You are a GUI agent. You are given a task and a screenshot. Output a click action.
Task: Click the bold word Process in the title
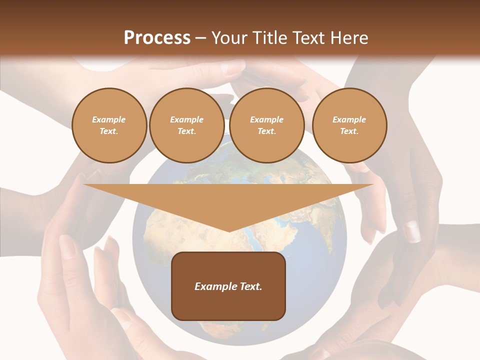click(x=157, y=38)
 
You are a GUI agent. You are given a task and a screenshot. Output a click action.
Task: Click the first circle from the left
click(x=109, y=125)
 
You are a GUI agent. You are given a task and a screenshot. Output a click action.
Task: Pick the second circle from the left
click(x=187, y=125)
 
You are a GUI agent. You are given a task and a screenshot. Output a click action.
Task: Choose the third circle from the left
click(x=267, y=125)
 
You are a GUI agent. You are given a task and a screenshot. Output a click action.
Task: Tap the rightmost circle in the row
click(x=349, y=125)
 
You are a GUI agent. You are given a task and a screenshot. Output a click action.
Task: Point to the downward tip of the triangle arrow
click(x=229, y=231)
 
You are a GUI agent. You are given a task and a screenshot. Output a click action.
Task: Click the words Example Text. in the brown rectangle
click(x=228, y=286)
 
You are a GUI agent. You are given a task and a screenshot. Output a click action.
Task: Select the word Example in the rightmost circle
click(x=349, y=119)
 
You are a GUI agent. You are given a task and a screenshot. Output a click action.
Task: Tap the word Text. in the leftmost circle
click(x=109, y=131)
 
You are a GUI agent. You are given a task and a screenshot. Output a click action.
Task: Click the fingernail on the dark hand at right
click(x=412, y=231)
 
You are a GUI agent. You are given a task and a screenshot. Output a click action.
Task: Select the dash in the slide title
click(x=201, y=38)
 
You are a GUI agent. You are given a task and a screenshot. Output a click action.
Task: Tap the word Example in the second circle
click(x=187, y=119)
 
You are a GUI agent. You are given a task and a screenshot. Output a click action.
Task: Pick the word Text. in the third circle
click(x=267, y=131)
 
